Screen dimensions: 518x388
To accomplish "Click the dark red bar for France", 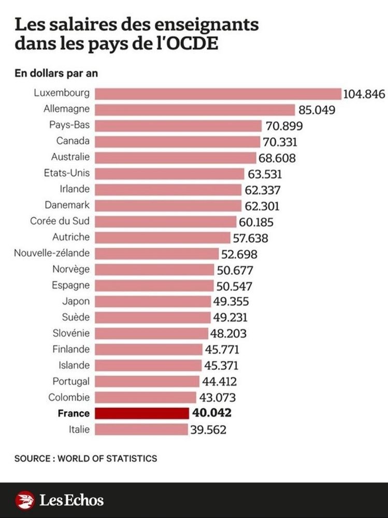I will [142, 413].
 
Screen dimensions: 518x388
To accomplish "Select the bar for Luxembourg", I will [218, 93].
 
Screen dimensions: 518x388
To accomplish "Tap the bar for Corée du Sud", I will [166, 221].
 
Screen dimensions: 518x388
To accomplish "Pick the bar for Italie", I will [141, 429].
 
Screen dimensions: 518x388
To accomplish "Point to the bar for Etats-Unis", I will [169, 174].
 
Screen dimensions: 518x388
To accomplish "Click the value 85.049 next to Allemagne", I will [317, 110].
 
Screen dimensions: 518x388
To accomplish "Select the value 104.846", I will [364, 94].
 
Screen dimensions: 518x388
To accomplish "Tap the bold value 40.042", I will [211, 413].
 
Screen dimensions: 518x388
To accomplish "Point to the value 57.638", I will [250, 238].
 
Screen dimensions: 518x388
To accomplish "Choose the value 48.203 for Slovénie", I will [228, 333].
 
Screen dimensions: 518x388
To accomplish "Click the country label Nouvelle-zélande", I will [52, 253].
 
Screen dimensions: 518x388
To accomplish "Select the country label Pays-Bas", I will [69, 125].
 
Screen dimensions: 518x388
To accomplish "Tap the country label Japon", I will [75, 301].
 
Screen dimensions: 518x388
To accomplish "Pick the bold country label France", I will [74, 413].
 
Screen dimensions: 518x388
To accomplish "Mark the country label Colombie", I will [69, 397].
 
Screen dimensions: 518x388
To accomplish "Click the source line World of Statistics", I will [85, 458].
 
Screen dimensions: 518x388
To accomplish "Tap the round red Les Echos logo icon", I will [25, 500].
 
